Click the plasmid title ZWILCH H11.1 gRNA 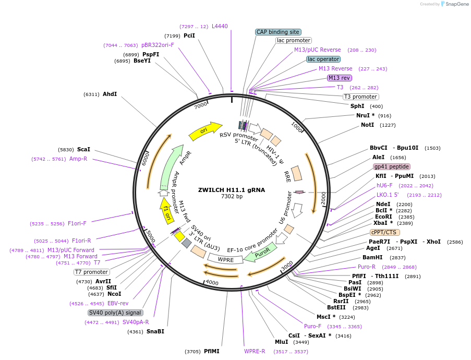232,190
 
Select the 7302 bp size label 232,197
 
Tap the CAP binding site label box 277,32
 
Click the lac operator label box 323,59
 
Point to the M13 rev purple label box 339,78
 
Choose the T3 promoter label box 360,97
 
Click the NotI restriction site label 367,125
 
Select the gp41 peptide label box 392,166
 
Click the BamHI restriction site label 372,257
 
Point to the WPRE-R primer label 255,351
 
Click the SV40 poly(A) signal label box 115,313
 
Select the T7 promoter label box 91,272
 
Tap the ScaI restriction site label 83,149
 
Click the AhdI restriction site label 110,94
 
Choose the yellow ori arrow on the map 204,131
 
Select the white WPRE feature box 225,259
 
